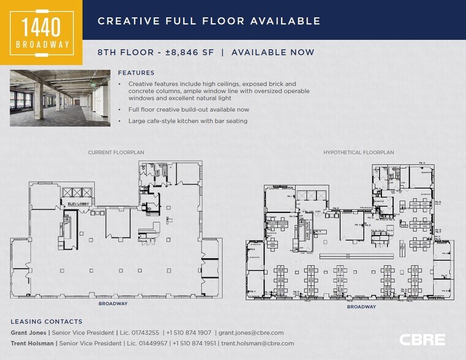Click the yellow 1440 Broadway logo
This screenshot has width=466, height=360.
click(x=41, y=32)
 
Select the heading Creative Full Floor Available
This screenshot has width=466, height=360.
click(x=209, y=21)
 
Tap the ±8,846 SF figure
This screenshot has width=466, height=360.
click(x=189, y=53)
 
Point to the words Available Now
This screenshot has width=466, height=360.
click(x=272, y=53)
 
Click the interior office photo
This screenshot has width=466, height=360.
click(x=59, y=98)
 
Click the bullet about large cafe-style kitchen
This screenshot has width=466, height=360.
click(x=187, y=121)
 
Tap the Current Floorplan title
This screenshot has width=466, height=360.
click(x=116, y=152)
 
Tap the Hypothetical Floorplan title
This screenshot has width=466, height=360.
click(x=358, y=152)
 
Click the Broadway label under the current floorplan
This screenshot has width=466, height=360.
click(x=113, y=303)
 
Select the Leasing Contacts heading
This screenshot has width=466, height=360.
click(x=46, y=321)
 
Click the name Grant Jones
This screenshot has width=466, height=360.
click(x=29, y=332)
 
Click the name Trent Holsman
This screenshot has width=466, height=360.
click(x=32, y=343)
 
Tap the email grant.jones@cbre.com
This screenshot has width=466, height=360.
click(x=252, y=332)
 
